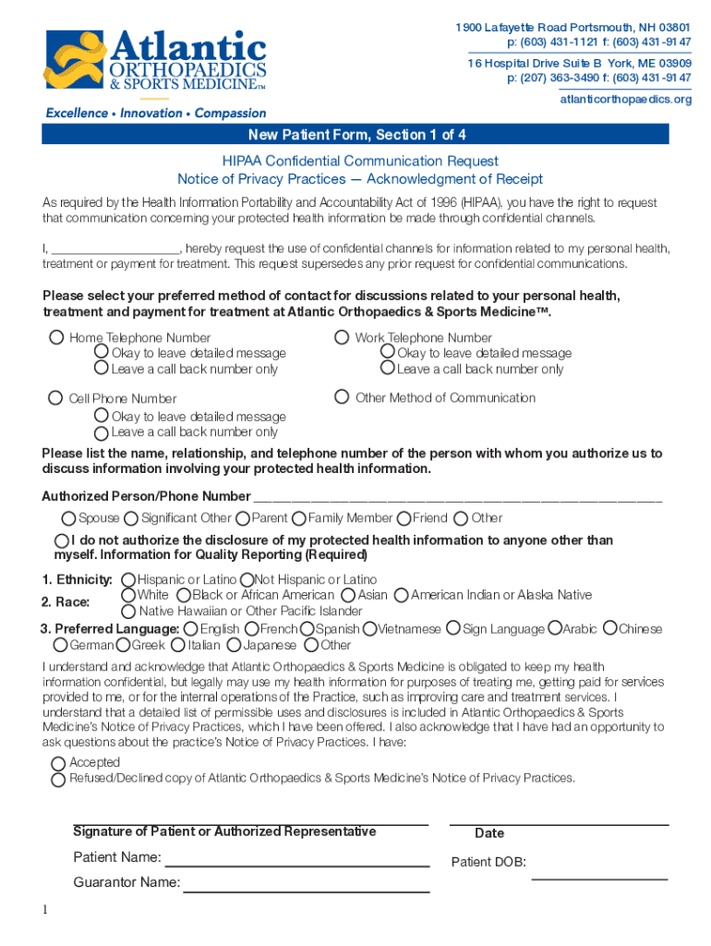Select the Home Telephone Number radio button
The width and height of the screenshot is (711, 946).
point(56,337)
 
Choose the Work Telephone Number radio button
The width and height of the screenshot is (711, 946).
point(342,337)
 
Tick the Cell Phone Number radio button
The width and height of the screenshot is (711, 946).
point(55,398)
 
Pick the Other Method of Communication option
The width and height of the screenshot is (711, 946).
point(341,397)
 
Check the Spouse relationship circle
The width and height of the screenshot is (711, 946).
point(68,518)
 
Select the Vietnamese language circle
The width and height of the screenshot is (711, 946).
point(370,629)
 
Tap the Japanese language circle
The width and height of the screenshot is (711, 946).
point(235,645)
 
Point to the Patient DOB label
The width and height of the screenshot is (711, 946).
point(488,863)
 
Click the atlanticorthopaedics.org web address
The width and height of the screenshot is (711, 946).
point(625,99)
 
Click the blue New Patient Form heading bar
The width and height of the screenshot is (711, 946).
point(355,135)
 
